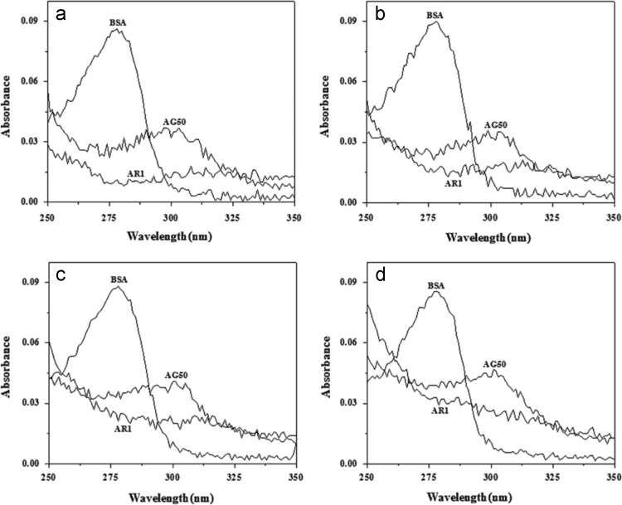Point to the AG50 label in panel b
(x=496, y=125)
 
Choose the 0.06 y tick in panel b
(x=352, y=81)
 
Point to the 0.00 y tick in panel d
(x=352, y=463)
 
